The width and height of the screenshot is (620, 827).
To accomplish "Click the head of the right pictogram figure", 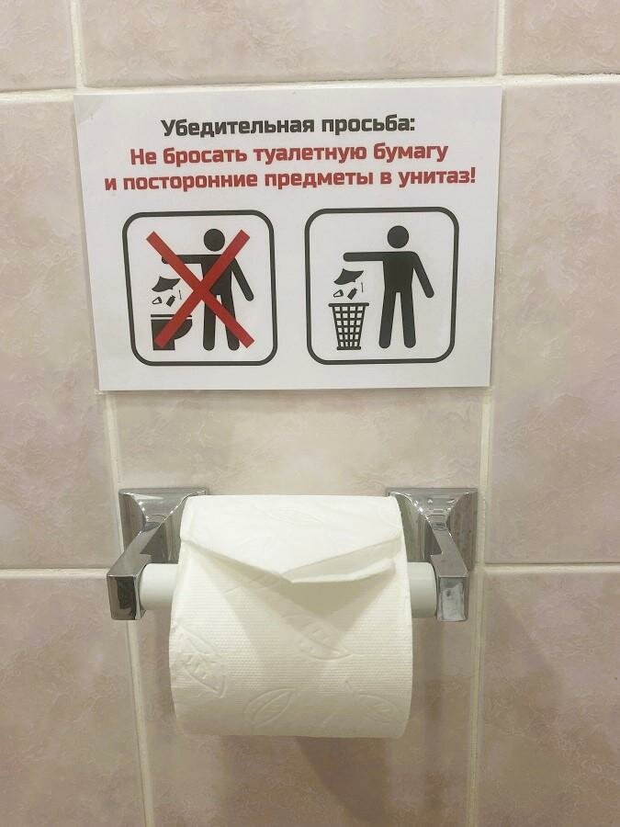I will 398,236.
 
